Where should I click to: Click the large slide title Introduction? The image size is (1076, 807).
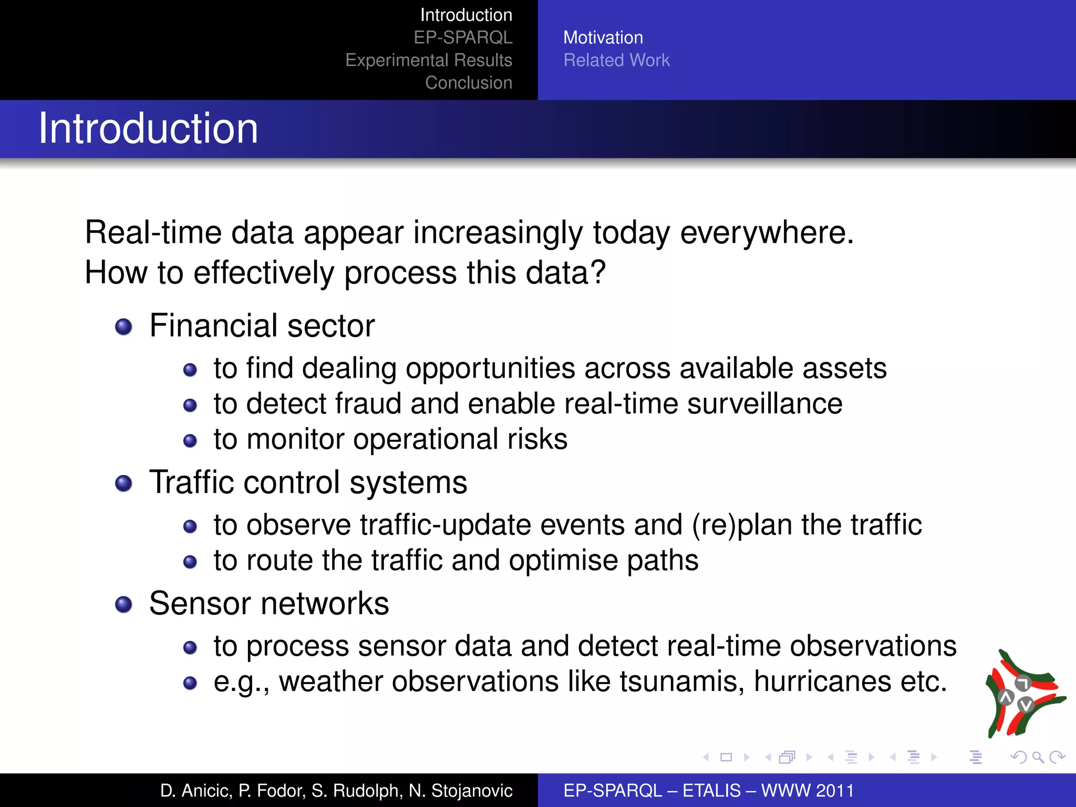point(148,129)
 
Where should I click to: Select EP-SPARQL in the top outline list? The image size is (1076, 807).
point(462,38)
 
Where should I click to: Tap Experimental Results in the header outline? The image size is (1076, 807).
point(428,60)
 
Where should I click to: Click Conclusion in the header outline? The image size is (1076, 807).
point(468,83)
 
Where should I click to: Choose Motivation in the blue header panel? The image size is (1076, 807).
point(603,38)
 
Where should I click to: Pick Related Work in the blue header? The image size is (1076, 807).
point(616,60)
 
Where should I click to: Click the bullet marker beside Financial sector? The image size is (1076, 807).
point(123,327)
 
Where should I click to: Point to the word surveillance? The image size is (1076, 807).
point(764,403)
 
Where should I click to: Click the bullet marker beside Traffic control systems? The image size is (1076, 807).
point(123,483)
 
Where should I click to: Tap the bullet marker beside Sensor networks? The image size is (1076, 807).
point(123,604)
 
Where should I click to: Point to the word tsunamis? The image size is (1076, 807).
point(681,681)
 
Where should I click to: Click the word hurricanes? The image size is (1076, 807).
point(822,681)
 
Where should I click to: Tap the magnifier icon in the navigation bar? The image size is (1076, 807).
point(1038,757)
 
